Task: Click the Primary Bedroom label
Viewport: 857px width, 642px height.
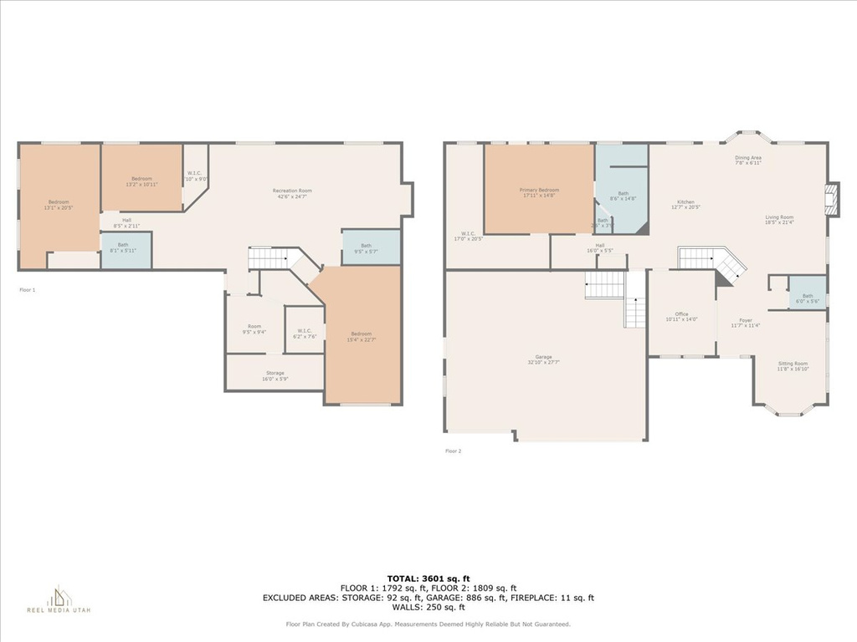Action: click(x=540, y=193)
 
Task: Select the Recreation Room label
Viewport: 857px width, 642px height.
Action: click(x=292, y=194)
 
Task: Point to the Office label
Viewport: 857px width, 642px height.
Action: click(x=681, y=317)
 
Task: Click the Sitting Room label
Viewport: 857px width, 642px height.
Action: click(x=793, y=366)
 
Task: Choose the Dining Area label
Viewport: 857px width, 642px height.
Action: click(x=748, y=160)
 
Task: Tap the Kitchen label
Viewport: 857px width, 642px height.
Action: click(x=685, y=204)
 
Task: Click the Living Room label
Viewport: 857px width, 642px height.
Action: click(x=779, y=220)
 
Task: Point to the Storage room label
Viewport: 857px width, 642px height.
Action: click(x=275, y=375)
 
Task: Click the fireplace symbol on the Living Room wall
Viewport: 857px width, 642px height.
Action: click(x=830, y=199)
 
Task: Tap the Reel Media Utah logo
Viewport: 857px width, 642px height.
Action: click(x=59, y=599)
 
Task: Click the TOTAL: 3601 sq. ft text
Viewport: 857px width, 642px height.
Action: click(x=428, y=578)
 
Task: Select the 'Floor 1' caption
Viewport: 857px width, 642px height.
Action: click(x=28, y=289)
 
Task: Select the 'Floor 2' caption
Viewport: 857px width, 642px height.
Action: click(x=453, y=451)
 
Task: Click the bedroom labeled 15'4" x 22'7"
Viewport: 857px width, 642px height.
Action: click(x=361, y=336)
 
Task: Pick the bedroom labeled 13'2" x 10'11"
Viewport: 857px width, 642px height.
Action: click(x=141, y=181)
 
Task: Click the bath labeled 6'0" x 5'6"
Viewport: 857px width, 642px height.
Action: click(x=807, y=298)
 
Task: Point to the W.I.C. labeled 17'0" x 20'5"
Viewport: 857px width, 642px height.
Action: click(x=467, y=236)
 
